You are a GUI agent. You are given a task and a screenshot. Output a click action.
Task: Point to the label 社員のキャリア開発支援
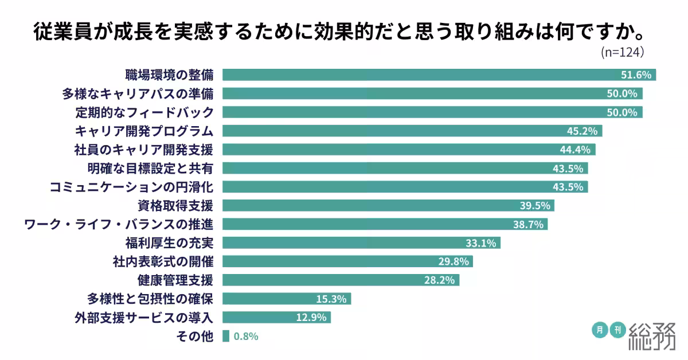point(143,150)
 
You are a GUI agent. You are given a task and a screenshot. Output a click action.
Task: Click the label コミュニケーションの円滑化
point(131,187)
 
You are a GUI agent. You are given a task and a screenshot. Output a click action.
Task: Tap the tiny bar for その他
point(226,336)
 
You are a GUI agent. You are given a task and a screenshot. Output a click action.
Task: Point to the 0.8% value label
point(246,336)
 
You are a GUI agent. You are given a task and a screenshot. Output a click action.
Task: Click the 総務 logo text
point(652,336)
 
